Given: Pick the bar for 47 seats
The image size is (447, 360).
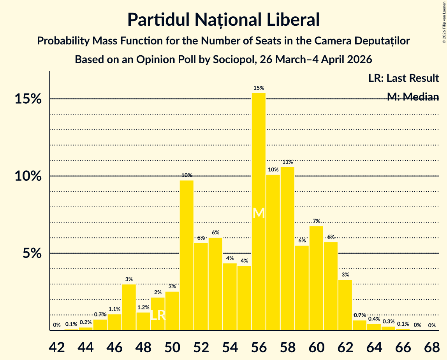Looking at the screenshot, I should pos(129,307).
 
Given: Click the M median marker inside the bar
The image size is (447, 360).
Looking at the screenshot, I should pos(259,213).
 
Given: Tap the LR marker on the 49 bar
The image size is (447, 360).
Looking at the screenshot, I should pos(158,315).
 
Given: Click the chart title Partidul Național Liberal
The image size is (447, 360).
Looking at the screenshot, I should pos(223,20).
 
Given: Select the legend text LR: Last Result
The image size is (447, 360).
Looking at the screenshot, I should pos(403,78).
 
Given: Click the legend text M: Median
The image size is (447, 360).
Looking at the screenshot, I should pos(413,97).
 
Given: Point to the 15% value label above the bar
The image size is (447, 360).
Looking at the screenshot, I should pos(259,88).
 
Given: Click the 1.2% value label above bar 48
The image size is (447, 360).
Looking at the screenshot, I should pos(143,307).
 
